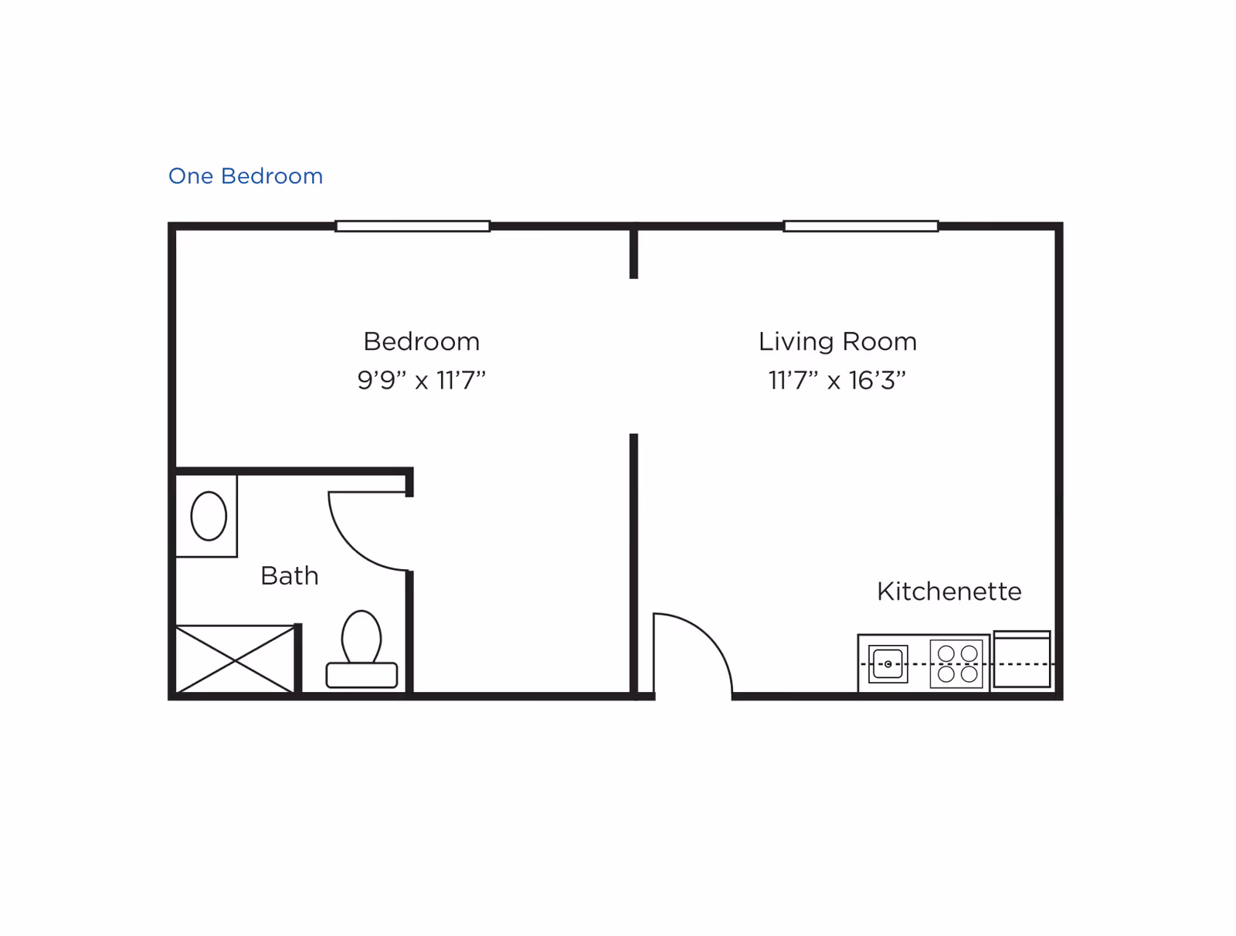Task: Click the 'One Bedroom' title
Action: tap(246, 176)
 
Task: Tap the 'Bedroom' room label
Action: tap(421, 341)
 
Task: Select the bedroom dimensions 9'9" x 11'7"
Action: tap(421, 381)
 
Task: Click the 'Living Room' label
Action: tap(837, 342)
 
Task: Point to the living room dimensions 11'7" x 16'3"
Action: tap(837, 381)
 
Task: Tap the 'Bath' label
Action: tap(290, 576)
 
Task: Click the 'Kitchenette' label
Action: tap(949, 592)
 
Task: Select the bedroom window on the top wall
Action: tap(413, 226)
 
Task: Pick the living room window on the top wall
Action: tap(861, 226)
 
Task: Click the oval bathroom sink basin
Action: tap(209, 516)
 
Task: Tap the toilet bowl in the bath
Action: tap(362, 636)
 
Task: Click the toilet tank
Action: tap(362, 676)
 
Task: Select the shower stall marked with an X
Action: tap(236, 659)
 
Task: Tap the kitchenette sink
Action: tap(888, 664)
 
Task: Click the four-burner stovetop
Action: tap(956, 664)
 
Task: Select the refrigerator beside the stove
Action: tap(1022, 659)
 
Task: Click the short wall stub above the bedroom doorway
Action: tap(633, 253)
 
